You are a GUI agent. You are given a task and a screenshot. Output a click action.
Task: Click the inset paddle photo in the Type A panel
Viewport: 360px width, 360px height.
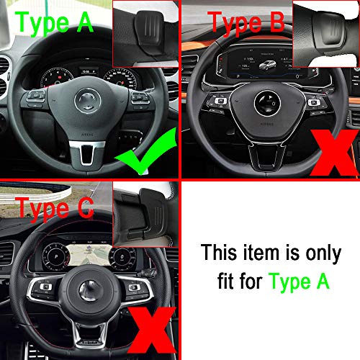145,32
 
